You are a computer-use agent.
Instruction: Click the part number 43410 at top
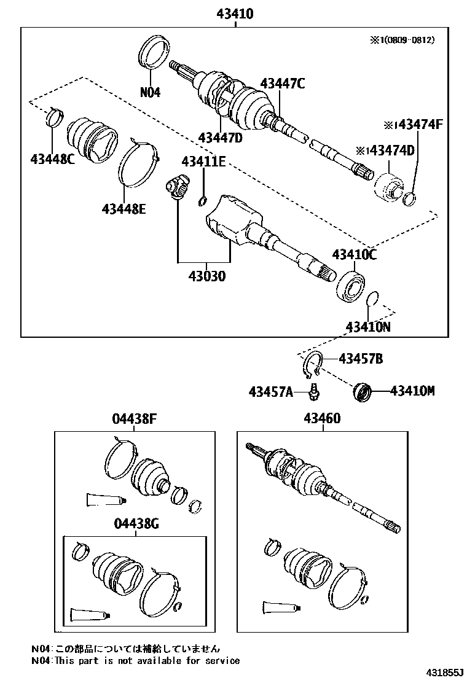click(x=234, y=13)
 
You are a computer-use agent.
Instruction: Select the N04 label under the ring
click(x=150, y=92)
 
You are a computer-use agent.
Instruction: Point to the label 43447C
click(x=282, y=84)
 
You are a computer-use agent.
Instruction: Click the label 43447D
click(x=220, y=138)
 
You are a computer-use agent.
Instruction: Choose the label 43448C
click(x=52, y=159)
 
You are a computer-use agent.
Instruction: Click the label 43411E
click(x=203, y=162)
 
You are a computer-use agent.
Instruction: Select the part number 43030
click(x=203, y=276)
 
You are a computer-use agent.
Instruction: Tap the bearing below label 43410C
click(x=352, y=286)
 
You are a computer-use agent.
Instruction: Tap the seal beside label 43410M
click(x=364, y=391)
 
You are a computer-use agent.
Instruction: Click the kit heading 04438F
click(x=135, y=419)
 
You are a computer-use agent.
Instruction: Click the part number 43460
click(x=321, y=419)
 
